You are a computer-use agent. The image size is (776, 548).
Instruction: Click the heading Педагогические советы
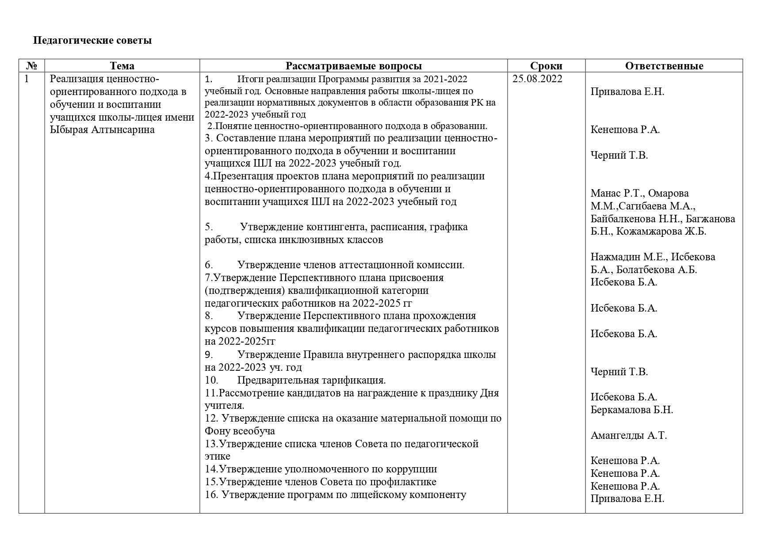(92, 41)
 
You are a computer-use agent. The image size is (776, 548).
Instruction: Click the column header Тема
(122, 66)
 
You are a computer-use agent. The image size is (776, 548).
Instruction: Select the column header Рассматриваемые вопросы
(353, 66)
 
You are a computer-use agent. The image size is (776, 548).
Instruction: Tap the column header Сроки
(546, 66)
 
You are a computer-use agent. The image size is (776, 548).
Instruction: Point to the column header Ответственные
(664, 66)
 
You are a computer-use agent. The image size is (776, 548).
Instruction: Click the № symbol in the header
(31, 66)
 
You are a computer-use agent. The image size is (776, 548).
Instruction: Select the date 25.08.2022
(537, 79)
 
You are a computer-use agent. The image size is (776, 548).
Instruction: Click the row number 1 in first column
(27, 79)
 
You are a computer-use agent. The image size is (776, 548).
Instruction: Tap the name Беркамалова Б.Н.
(631, 410)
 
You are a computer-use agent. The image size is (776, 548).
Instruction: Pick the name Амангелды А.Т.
(628, 435)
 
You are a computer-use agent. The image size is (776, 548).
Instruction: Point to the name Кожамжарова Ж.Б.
(661, 232)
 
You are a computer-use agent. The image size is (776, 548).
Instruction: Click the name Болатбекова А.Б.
(656, 270)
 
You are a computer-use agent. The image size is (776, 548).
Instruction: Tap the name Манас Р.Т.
(617, 193)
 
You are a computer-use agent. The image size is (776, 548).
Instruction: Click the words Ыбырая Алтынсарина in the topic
(102, 130)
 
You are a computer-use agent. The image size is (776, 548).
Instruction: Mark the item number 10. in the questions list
(211, 380)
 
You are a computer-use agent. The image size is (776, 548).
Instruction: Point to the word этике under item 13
(217, 457)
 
